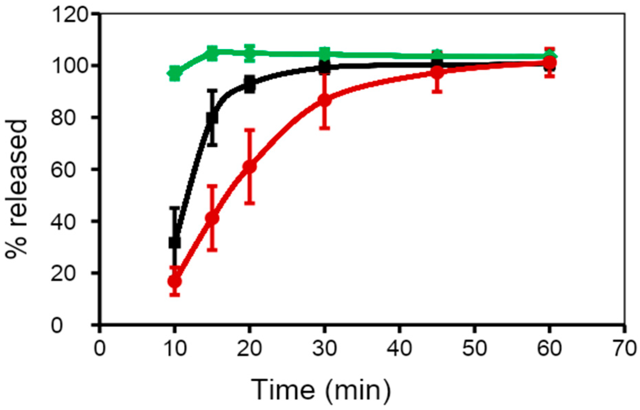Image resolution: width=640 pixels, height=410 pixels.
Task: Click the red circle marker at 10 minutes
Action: tap(175, 281)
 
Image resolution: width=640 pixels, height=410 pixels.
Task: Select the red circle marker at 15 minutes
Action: tap(212, 218)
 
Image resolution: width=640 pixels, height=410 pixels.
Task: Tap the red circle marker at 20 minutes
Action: tap(249, 166)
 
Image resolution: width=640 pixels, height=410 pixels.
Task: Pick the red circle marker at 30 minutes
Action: tap(324, 100)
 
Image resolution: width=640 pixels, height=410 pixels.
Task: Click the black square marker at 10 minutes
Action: tap(175, 243)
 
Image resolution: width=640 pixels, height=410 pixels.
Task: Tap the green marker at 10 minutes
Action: tap(175, 73)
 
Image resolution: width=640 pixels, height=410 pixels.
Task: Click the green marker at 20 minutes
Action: tap(249, 53)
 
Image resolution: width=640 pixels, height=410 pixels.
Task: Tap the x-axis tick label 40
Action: tap(400, 349)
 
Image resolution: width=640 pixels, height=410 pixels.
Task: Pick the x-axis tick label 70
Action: tap(624, 349)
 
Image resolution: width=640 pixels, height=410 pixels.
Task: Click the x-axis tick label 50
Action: tap(475, 349)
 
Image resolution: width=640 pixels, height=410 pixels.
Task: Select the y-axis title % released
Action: tap(17, 188)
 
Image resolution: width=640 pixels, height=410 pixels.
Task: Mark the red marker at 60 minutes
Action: tap(550, 63)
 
